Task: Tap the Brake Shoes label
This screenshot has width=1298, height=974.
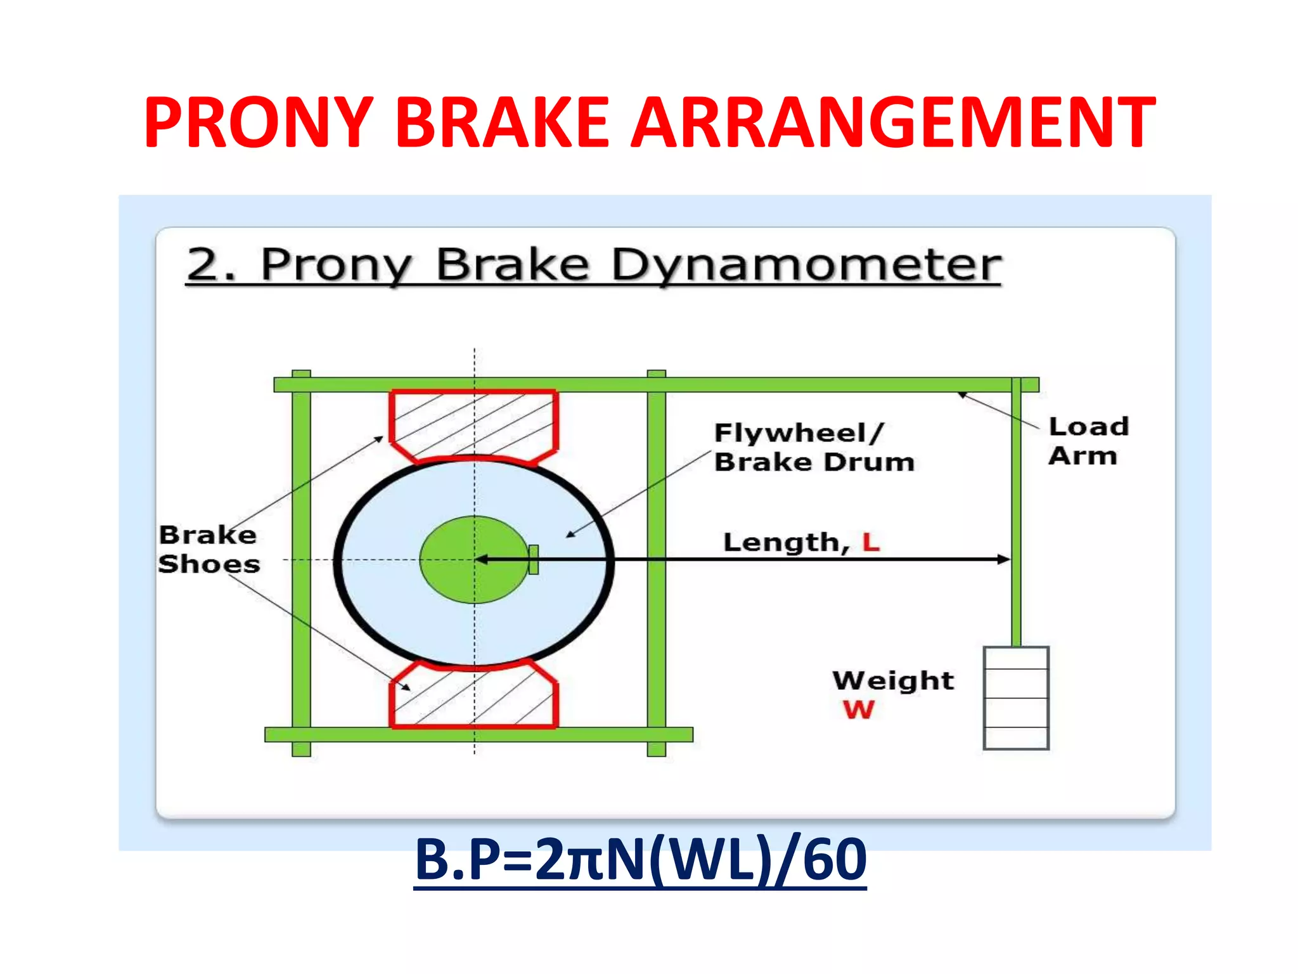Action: coord(209,549)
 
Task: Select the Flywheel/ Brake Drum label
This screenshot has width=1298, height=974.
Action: coord(814,447)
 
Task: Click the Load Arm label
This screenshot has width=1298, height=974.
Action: coord(1088,441)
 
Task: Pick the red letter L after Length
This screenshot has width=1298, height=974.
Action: coord(871,542)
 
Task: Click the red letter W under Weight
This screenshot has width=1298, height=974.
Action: coord(858,710)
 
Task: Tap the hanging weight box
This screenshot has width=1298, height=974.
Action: coord(1015,698)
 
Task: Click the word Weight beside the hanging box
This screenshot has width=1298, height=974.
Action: coord(892,680)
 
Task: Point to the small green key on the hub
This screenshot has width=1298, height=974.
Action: coord(534,559)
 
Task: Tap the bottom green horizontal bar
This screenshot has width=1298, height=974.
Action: coord(479,734)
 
